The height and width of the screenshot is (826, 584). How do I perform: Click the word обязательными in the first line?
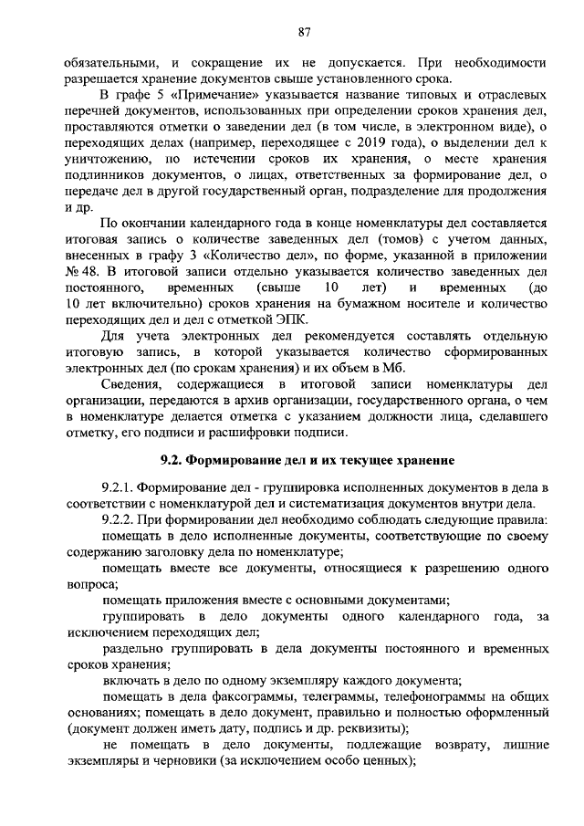(x=107, y=63)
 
